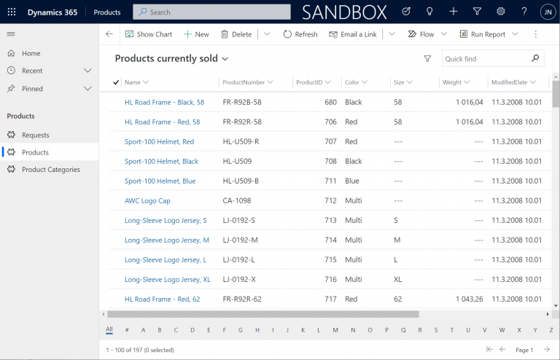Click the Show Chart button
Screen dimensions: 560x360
149,34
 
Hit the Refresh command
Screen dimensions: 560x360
300,34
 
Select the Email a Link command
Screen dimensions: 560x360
353,34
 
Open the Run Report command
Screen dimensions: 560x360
483,34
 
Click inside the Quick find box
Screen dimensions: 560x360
486,58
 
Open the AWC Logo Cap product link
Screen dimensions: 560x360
147,200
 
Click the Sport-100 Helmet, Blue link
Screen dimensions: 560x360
160,181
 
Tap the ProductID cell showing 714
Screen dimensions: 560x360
330,240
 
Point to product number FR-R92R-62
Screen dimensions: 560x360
242,299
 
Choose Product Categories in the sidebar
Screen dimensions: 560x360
51,170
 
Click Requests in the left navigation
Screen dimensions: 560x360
35,135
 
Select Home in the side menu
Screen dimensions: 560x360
31,53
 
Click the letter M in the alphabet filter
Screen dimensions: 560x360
335,330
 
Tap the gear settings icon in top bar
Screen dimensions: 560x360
501,12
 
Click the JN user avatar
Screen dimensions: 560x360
548,12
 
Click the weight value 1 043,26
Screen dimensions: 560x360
470,299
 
